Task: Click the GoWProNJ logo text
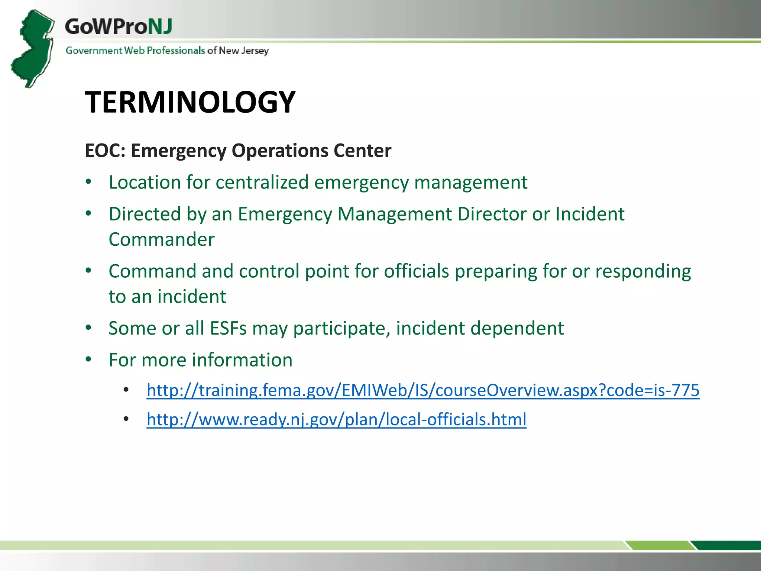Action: (x=118, y=27)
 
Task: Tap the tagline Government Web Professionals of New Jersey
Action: (x=167, y=51)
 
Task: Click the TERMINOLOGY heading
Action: (x=190, y=102)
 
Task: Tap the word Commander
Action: (x=162, y=239)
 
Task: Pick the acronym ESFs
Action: (x=228, y=328)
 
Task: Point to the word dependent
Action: (x=517, y=329)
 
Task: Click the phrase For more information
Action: (x=201, y=360)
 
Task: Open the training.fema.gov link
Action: (x=423, y=390)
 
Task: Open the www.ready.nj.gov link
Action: (x=336, y=419)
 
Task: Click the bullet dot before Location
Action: (x=88, y=182)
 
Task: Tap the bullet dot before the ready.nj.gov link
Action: (x=126, y=419)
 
